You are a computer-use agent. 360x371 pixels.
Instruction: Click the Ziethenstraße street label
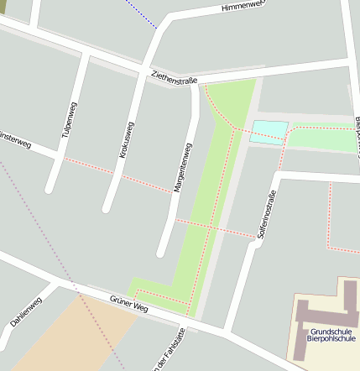pyautogui.click(x=174, y=77)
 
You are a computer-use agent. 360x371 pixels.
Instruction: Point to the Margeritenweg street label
pyautogui.click(x=182, y=168)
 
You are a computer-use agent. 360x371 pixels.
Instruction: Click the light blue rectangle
pyautogui.click(x=269, y=132)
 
